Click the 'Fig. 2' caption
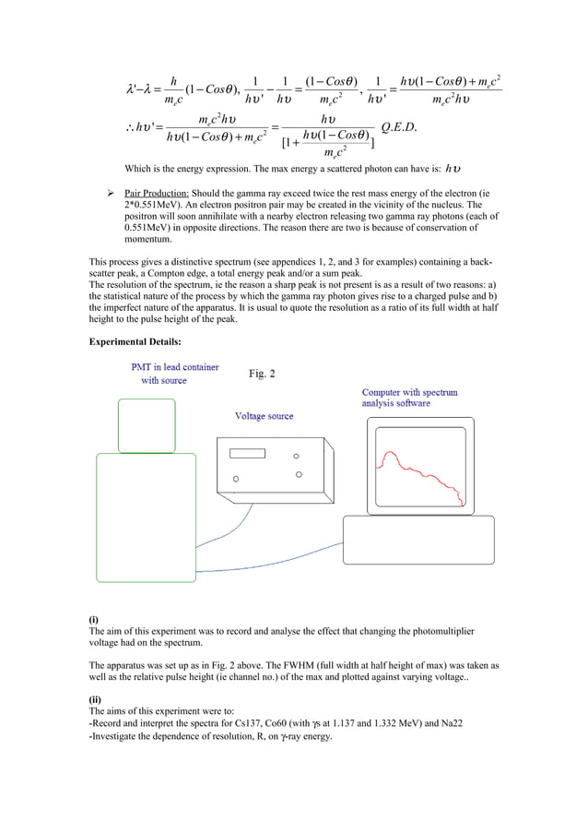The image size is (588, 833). click(262, 374)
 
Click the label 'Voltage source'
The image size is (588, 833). click(264, 416)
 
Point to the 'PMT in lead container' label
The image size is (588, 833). click(175, 367)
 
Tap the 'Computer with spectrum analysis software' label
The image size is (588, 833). click(409, 398)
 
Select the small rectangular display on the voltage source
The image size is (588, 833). click(247, 453)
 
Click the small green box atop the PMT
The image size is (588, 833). click(146, 425)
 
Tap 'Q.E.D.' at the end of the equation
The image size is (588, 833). click(399, 126)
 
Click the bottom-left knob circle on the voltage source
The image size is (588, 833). click(236, 480)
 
